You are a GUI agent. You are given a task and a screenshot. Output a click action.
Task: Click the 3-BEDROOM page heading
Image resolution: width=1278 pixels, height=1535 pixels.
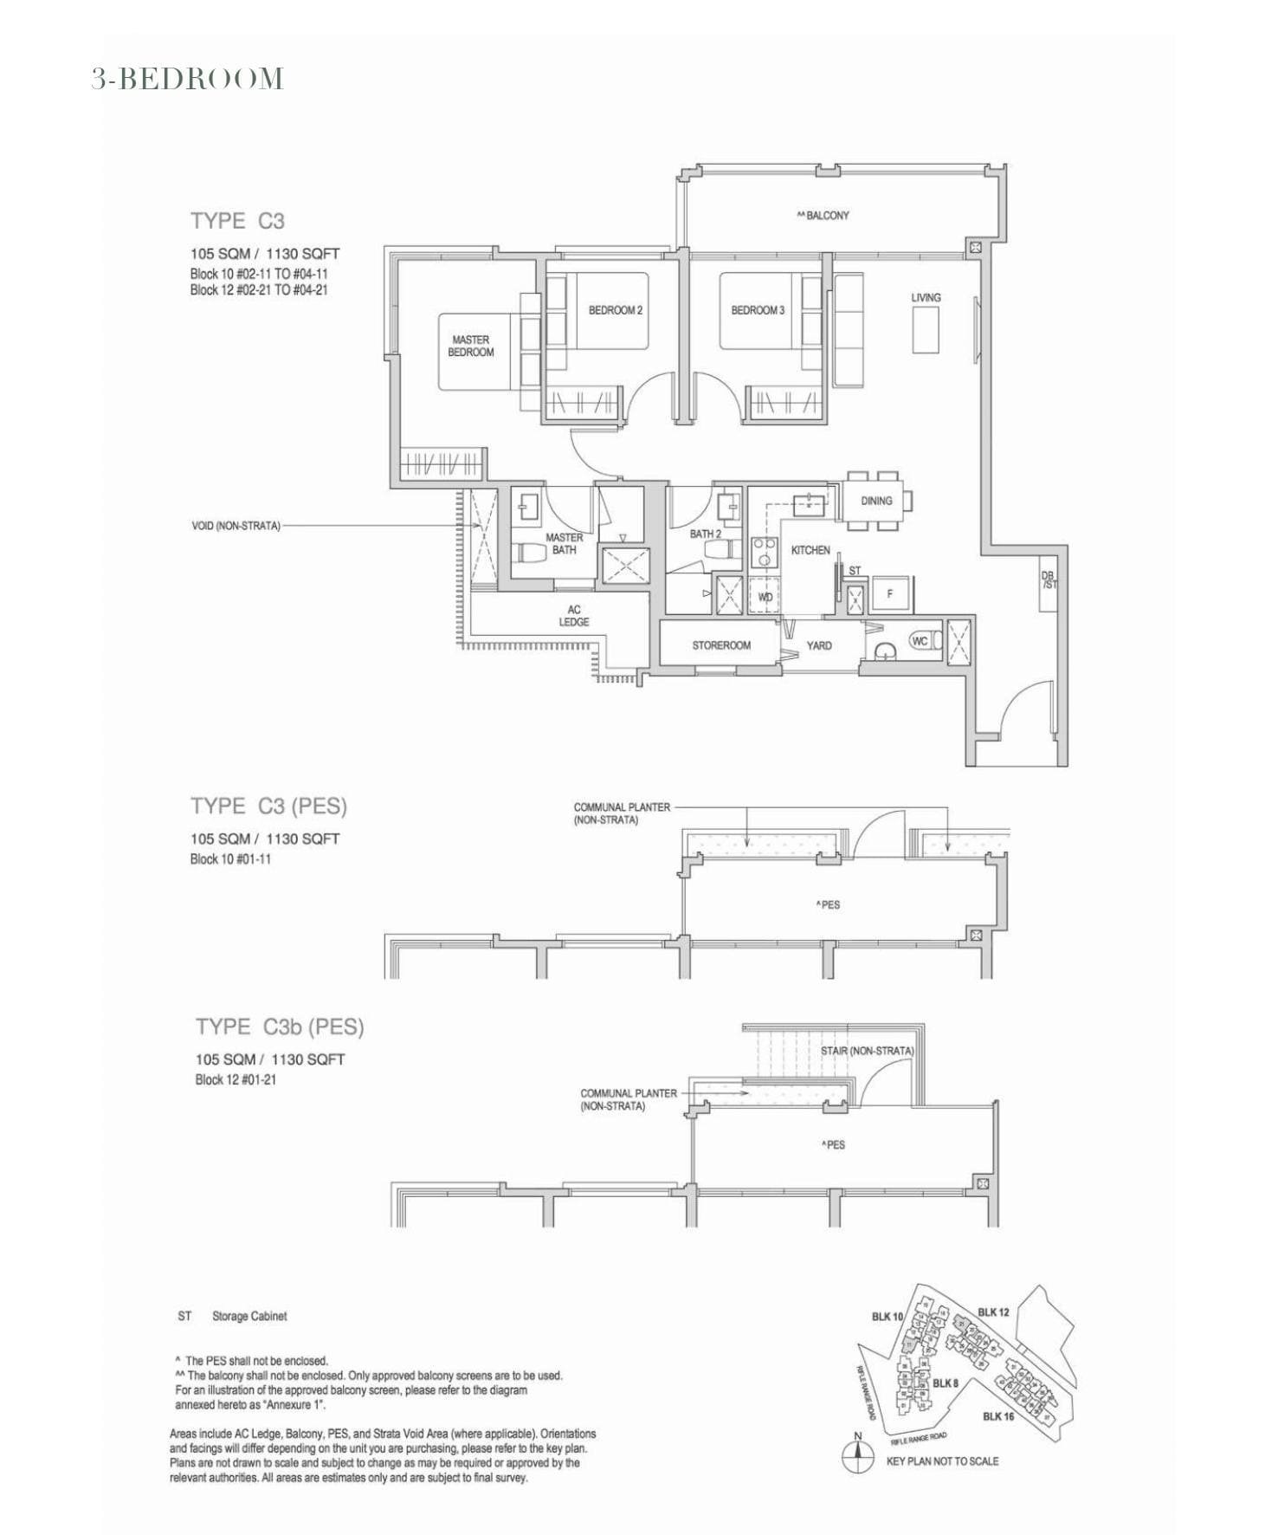(x=188, y=79)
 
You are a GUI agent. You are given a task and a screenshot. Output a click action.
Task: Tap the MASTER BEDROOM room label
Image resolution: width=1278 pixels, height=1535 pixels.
(x=470, y=347)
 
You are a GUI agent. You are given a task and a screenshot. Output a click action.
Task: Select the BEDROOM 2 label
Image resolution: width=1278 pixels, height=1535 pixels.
(x=616, y=310)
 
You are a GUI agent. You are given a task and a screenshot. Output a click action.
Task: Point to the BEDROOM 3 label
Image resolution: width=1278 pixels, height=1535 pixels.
(x=758, y=310)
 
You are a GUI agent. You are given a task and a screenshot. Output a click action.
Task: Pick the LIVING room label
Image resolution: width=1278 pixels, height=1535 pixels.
(x=926, y=297)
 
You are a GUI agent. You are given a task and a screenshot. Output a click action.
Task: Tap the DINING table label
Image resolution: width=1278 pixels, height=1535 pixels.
(x=876, y=501)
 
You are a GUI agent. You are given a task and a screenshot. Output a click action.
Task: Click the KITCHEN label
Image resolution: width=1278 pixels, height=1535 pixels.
(x=810, y=550)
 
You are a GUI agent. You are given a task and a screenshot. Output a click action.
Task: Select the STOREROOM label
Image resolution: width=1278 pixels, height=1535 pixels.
(x=720, y=645)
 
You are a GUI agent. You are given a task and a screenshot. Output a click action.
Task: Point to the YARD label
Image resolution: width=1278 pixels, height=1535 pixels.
(x=818, y=645)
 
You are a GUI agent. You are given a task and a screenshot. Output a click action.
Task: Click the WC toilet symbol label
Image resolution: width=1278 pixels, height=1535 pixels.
(x=920, y=641)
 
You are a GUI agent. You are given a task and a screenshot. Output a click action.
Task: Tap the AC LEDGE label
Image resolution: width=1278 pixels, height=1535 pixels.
(x=573, y=616)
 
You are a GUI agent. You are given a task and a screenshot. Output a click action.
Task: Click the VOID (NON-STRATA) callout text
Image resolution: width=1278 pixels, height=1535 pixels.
(x=236, y=526)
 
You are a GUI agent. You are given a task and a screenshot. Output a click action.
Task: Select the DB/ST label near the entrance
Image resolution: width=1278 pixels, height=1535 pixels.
(x=1049, y=580)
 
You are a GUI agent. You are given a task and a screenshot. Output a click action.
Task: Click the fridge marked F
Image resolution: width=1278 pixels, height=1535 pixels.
(x=889, y=594)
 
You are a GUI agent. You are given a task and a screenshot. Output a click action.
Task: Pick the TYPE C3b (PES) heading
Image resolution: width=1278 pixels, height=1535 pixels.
(x=279, y=1027)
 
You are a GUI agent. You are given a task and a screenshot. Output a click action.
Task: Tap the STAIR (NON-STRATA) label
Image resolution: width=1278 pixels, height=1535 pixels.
(x=867, y=1051)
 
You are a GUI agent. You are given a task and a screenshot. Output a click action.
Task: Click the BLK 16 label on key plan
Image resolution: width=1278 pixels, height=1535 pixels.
(x=997, y=1416)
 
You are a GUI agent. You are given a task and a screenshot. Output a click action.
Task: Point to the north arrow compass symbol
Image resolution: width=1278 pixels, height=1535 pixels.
(x=857, y=1457)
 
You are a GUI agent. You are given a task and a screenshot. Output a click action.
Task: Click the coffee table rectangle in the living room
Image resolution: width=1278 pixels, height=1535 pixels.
(x=925, y=330)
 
